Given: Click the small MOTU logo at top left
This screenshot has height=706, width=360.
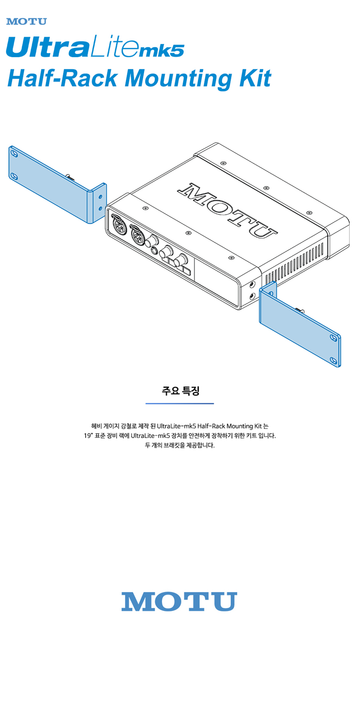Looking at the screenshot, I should (26, 22).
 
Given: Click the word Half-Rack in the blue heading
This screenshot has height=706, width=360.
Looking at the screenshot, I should (63, 78).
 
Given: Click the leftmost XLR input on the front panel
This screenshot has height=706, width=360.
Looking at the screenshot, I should (118, 226).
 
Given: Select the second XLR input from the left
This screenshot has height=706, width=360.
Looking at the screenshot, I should (138, 236).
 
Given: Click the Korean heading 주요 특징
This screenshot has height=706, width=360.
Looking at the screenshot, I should (180, 390).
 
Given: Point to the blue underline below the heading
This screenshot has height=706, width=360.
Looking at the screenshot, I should (180, 403).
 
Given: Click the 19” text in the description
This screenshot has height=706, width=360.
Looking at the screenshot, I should (89, 436).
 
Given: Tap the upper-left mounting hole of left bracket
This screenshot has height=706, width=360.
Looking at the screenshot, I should (14, 154).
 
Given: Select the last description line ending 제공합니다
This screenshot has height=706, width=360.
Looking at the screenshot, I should (180, 445).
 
